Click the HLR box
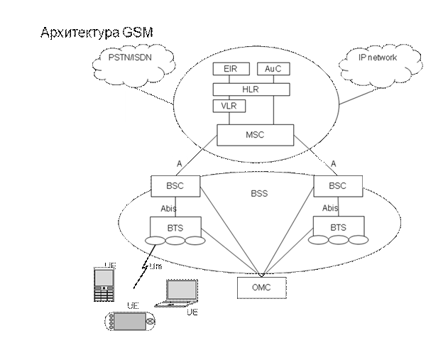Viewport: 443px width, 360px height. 251,89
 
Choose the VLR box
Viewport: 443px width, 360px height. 228,107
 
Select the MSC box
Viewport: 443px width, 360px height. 255,135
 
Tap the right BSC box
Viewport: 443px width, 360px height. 338,186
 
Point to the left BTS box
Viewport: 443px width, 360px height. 175,227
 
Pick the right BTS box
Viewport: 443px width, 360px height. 339,227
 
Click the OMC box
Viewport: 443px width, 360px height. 261,288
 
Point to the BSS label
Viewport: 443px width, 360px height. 260,192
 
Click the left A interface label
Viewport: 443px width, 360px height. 180,164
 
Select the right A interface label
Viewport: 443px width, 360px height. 333,164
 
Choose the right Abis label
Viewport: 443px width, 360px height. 330,208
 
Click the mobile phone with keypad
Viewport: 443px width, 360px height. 104,285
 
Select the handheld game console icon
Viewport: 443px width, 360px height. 130,322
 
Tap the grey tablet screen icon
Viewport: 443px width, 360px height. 182,290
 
